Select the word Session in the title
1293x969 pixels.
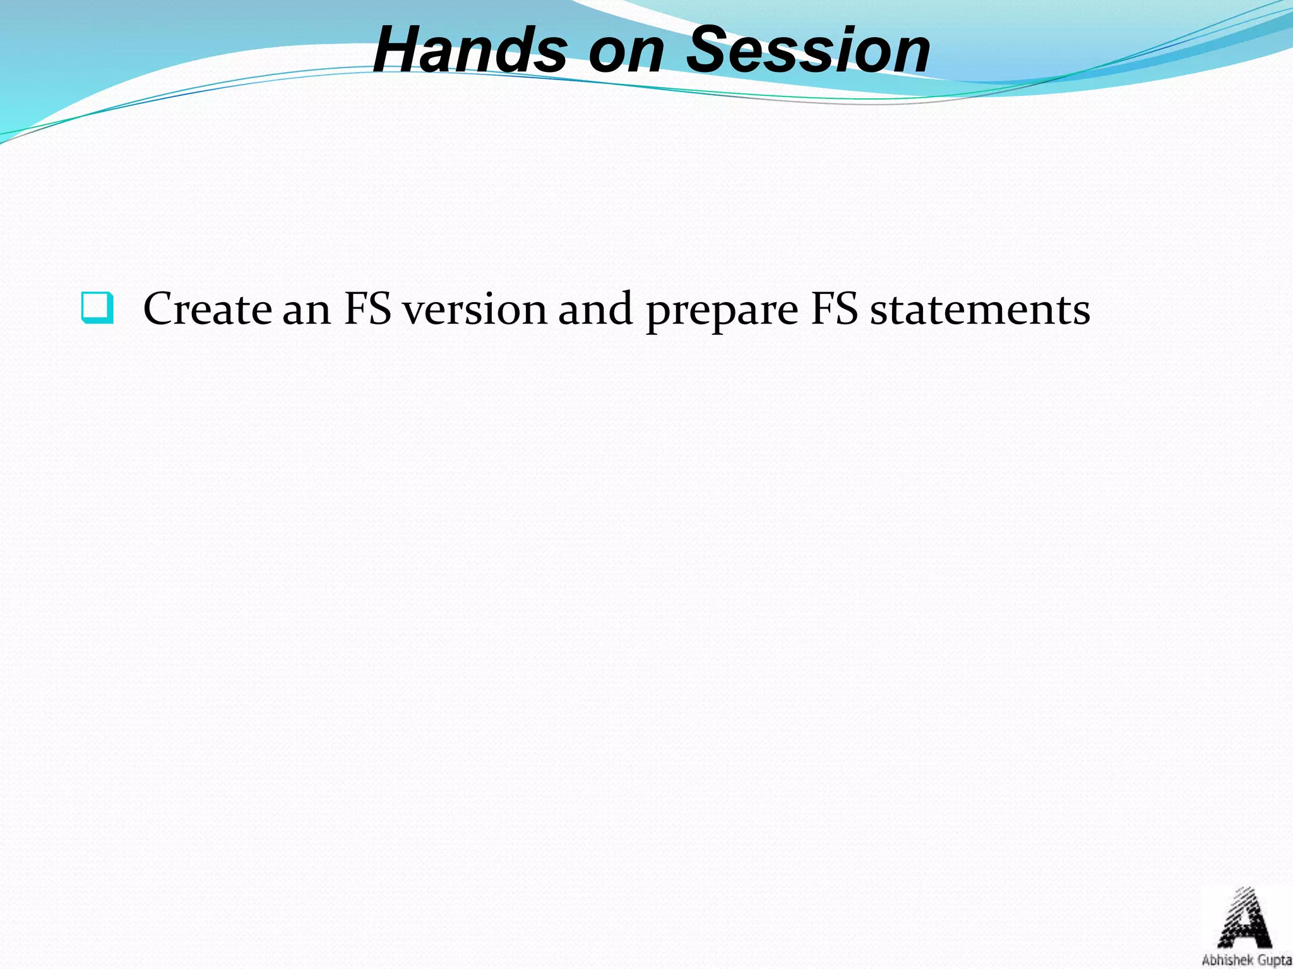click(807, 50)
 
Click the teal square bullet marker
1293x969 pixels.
click(98, 308)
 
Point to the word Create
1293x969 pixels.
click(208, 309)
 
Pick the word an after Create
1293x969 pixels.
click(306, 310)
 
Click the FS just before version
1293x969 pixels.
click(367, 309)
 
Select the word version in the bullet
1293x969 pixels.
click(475, 310)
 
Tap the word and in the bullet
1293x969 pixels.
click(595, 309)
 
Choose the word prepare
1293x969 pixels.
click(722, 312)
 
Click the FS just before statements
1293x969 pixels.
click(834, 309)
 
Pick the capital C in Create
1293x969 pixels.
click(161, 309)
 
